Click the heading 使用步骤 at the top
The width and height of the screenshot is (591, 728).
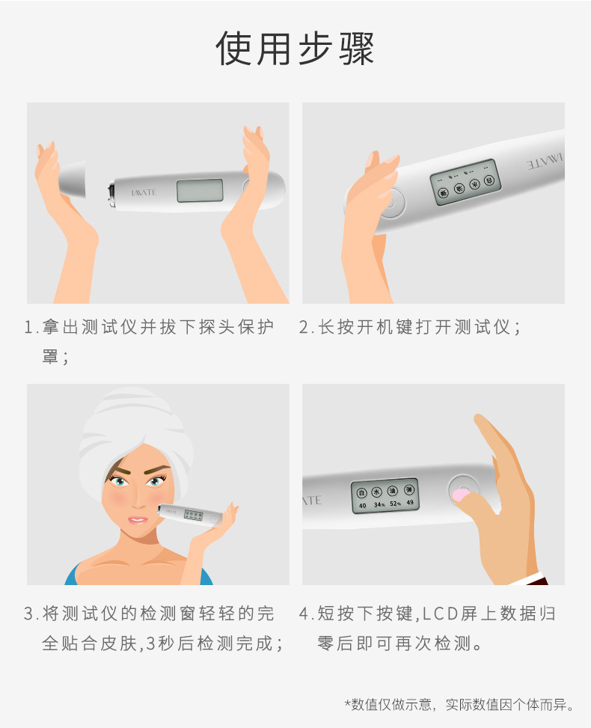click(295, 49)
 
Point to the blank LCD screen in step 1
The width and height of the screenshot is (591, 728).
click(200, 191)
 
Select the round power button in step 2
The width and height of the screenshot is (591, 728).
click(390, 203)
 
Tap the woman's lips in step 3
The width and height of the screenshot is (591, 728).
click(138, 519)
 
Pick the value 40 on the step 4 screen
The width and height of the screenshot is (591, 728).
click(362, 505)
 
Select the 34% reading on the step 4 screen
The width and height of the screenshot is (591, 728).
click(379, 505)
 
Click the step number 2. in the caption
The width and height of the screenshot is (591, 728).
click(304, 327)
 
